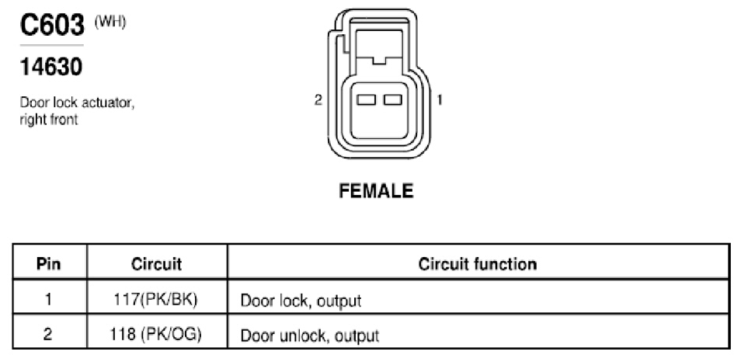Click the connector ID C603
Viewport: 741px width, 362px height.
(x=52, y=25)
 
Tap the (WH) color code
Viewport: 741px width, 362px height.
(x=110, y=23)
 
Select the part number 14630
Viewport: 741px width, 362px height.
(x=51, y=67)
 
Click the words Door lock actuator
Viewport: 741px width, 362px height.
(x=77, y=103)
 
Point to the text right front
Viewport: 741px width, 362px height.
(x=49, y=120)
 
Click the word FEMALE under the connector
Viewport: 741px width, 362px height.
(x=376, y=191)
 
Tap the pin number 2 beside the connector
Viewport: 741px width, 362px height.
(x=318, y=100)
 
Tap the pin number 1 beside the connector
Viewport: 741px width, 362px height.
(x=440, y=100)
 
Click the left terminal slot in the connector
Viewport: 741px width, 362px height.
(x=366, y=99)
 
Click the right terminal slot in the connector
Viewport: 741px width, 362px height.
(x=392, y=99)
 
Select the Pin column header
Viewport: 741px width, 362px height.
(x=49, y=263)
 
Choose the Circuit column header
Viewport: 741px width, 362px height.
(x=156, y=263)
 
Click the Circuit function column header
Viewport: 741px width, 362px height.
(x=478, y=263)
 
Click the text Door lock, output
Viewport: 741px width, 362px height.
(x=301, y=301)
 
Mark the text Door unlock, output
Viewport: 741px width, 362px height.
(x=310, y=336)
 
